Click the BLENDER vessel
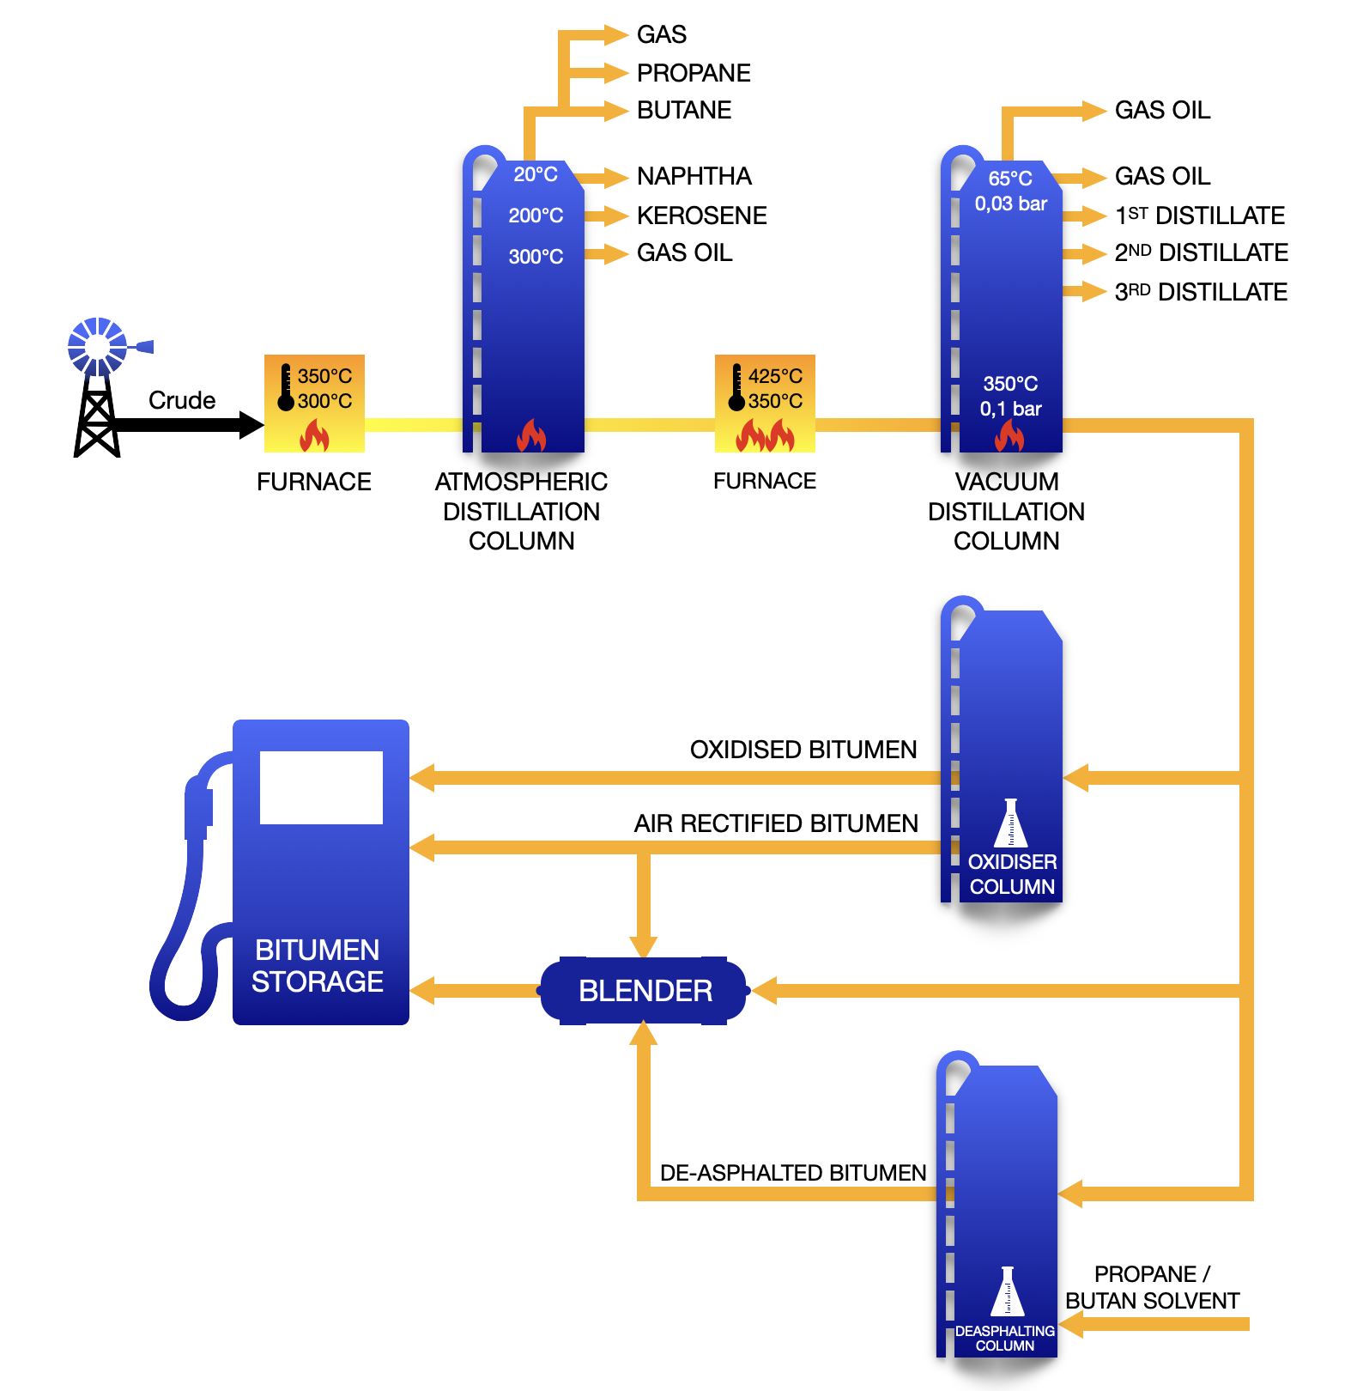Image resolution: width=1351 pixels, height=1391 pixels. pyautogui.click(x=644, y=991)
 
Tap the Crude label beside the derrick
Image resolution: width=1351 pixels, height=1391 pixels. pyautogui.click(x=181, y=400)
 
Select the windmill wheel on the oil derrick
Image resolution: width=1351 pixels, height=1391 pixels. pyautogui.click(x=97, y=346)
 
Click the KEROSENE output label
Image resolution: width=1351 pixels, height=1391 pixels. pyautogui.click(x=701, y=216)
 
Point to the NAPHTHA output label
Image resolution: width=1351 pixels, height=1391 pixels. pyautogui.click(x=694, y=176)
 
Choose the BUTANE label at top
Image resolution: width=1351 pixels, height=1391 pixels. pyautogui.click(x=684, y=110)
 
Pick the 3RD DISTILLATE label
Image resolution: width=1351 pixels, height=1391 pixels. pyautogui.click(x=1200, y=292)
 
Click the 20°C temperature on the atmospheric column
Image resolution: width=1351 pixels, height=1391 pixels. pyautogui.click(x=536, y=174)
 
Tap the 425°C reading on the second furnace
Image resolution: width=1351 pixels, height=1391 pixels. pyautogui.click(x=775, y=376)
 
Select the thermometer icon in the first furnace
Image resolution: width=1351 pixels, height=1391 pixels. pyautogui.click(x=286, y=387)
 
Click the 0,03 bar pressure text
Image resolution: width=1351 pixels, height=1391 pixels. pyautogui.click(x=1010, y=203)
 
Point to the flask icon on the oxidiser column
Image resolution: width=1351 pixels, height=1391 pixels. pyautogui.click(x=1010, y=823)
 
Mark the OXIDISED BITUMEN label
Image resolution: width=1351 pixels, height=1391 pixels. pyautogui.click(x=803, y=750)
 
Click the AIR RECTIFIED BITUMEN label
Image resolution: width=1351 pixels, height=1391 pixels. pyautogui.click(x=776, y=823)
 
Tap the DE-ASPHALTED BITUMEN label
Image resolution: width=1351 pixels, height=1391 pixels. pyautogui.click(x=792, y=1173)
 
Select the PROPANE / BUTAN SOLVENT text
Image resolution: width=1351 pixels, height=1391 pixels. pyautogui.click(x=1152, y=1287)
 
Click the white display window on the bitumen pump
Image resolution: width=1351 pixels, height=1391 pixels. pyautogui.click(x=321, y=787)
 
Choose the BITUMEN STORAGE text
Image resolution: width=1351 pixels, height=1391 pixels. pyautogui.click(x=317, y=965)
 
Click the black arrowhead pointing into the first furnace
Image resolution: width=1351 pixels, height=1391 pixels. pyautogui.click(x=251, y=424)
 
